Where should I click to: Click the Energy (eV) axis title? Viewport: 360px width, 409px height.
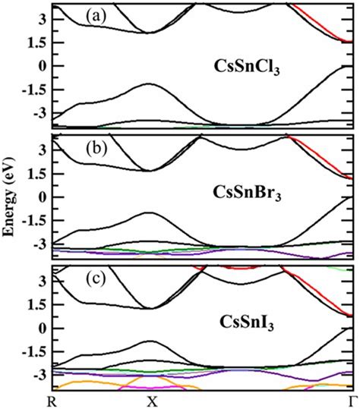[x=11, y=199]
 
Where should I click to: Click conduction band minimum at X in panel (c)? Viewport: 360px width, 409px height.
[x=150, y=308]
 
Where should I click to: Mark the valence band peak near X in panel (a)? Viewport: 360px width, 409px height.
[x=150, y=83]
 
